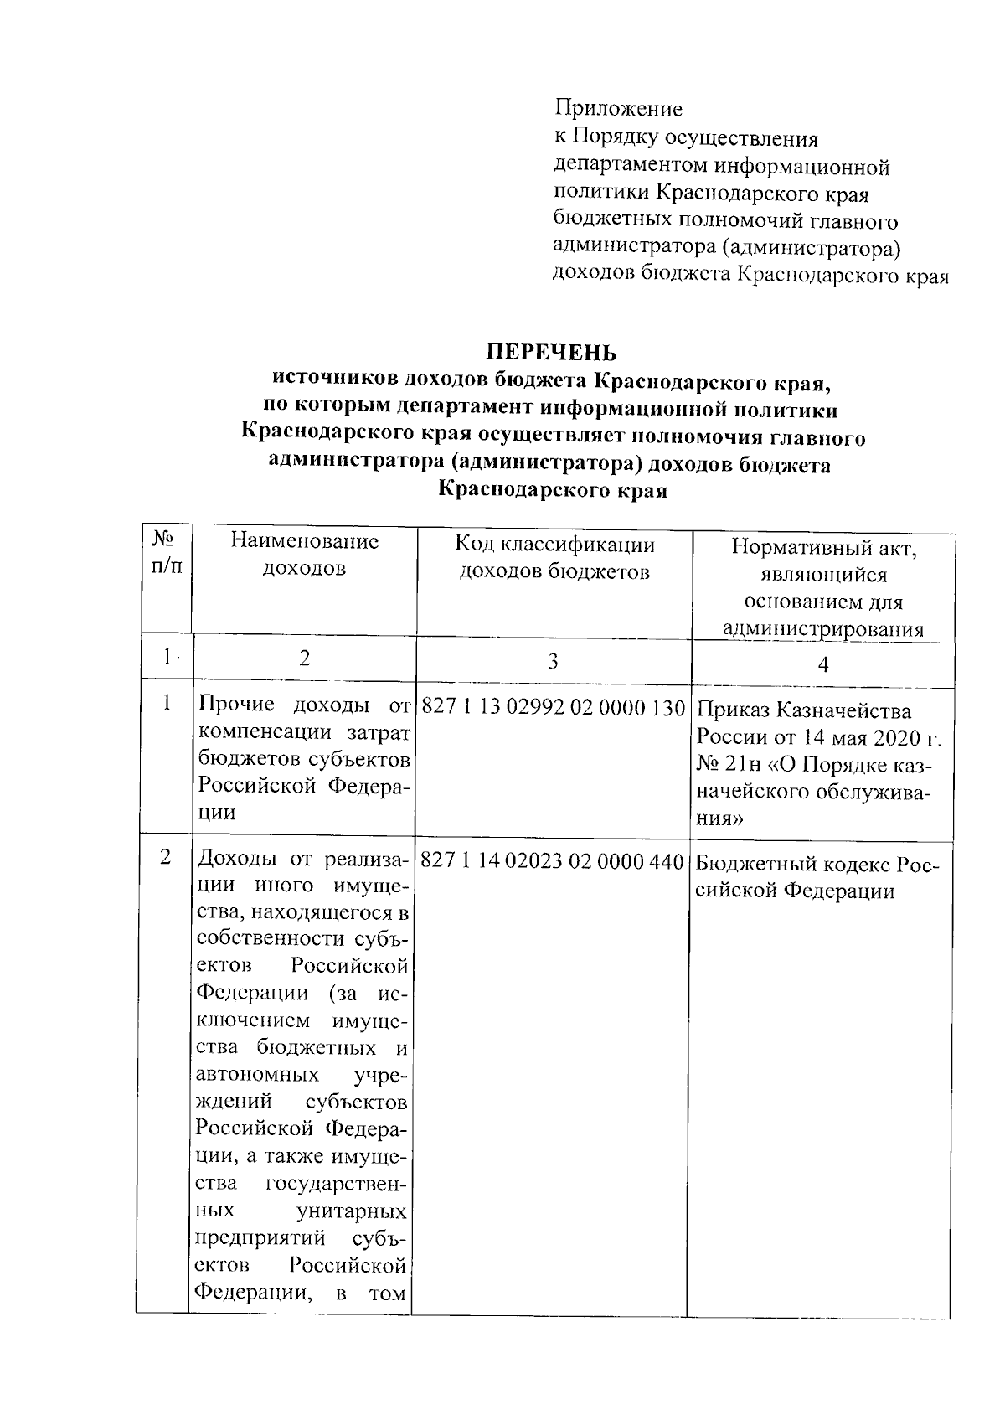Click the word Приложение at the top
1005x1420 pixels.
click(618, 109)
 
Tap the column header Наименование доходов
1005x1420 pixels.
click(304, 555)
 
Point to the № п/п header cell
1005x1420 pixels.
click(166, 553)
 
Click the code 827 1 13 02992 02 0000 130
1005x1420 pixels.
click(554, 709)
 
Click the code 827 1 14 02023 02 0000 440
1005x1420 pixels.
click(553, 860)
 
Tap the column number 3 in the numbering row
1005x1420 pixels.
click(553, 662)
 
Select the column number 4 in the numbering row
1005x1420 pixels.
click(822, 665)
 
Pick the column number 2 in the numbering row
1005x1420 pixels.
click(304, 658)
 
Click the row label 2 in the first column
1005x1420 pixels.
click(165, 858)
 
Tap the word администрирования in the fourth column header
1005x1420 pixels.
click(822, 631)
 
